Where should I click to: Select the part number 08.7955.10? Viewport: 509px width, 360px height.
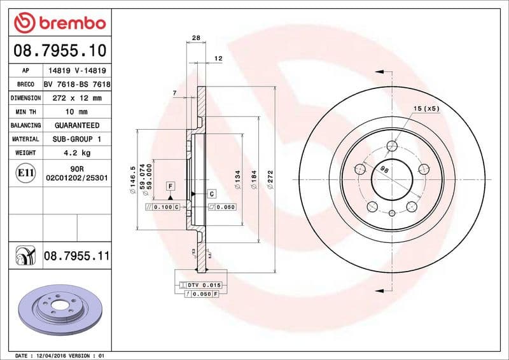(59, 48)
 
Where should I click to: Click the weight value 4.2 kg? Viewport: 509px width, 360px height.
(76, 153)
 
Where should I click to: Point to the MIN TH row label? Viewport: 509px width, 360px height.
(25, 112)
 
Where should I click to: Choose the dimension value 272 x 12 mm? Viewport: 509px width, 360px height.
(76, 99)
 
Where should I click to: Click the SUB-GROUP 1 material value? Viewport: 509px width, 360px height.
(76, 139)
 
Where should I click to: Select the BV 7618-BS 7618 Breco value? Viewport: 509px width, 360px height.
(77, 85)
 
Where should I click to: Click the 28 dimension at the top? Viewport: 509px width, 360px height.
(196, 38)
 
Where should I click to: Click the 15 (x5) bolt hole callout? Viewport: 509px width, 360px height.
(426, 109)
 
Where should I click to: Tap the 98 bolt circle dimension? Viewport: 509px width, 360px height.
(384, 170)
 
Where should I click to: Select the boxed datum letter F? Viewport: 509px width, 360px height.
(170, 186)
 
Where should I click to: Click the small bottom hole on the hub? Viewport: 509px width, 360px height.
(393, 213)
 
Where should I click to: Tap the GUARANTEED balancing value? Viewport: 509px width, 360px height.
(76, 125)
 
